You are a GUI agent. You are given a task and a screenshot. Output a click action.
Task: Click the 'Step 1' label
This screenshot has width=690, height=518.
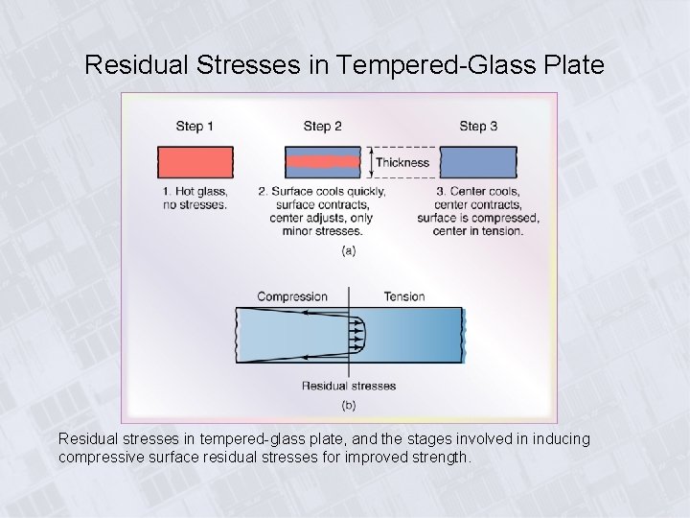pyautogui.click(x=195, y=126)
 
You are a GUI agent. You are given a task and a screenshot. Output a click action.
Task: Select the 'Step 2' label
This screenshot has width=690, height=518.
pyautogui.click(x=322, y=126)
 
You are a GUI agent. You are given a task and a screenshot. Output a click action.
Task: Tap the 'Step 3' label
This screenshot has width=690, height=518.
pyautogui.click(x=478, y=126)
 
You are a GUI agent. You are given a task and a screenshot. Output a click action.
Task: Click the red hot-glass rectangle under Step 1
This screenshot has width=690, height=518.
pyautogui.click(x=195, y=162)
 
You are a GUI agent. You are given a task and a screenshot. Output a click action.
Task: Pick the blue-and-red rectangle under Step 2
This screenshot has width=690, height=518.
pyautogui.click(x=322, y=162)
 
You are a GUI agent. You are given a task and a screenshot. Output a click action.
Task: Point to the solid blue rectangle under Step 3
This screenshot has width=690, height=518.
pyautogui.click(x=478, y=162)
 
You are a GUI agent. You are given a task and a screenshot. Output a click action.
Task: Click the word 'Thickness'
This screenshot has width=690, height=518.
pyautogui.click(x=402, y=162)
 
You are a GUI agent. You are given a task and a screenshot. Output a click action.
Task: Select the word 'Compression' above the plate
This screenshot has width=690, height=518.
pyautogui.click(x=292, y=296)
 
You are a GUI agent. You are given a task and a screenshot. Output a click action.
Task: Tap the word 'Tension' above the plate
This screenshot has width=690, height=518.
pyautogui.click(x=403, y=296)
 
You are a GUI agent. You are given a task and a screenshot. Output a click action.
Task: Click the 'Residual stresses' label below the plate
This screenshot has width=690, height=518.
pyautogui.click(x=349, y=386)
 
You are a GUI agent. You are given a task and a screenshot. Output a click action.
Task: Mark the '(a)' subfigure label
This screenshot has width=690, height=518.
pyautogui.click(x=349, y=251)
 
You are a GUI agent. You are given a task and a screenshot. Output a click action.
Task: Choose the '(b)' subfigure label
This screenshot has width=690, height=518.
pyautogui.click(x=349, y=406)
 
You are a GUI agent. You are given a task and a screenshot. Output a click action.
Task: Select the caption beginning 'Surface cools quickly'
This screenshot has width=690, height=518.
pyautogui.click(x=322, y=211)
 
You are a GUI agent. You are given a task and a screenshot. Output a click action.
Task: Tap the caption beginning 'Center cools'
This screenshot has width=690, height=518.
pyautogui.click(x=478, y=211)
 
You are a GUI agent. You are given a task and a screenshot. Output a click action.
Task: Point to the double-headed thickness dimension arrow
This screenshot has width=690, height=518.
pyautogui.click(x=370, y=162)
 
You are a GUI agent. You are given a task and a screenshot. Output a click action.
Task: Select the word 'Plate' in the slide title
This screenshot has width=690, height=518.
pyautogui.click(x=576, y=65)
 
